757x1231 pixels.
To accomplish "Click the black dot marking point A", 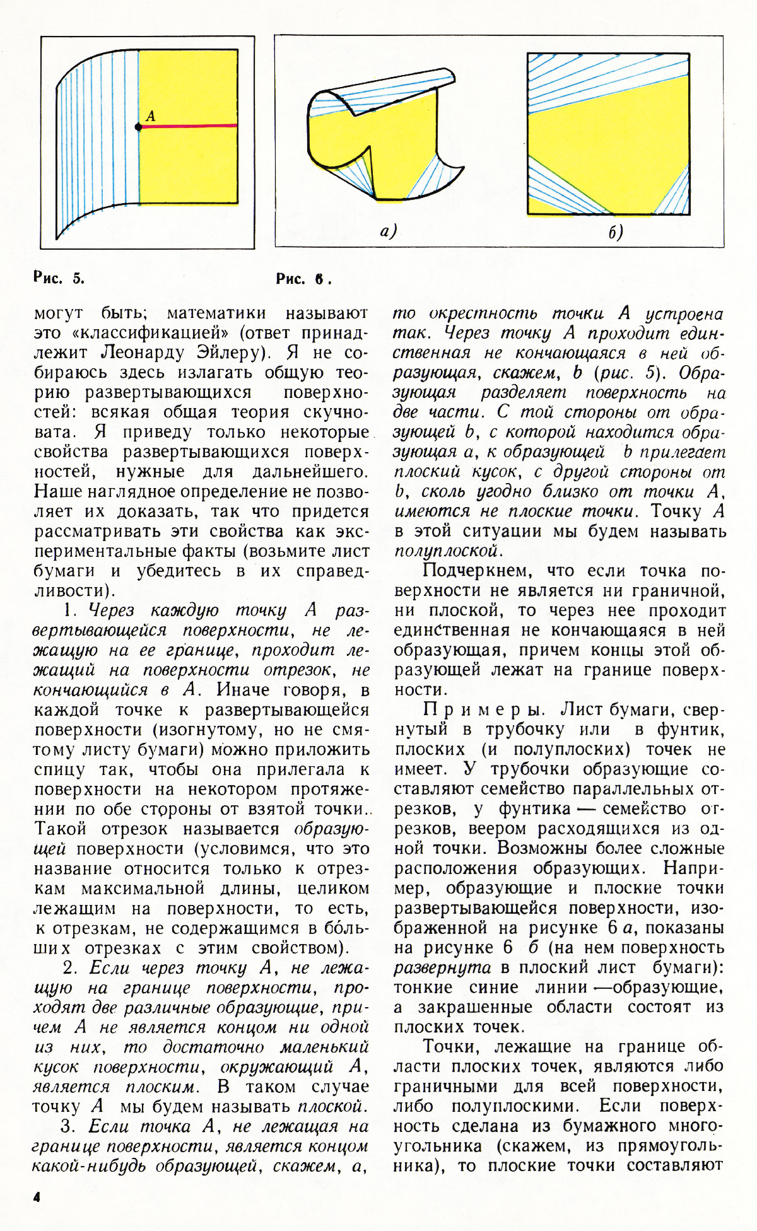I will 138,127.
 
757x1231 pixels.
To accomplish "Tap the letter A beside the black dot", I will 150,115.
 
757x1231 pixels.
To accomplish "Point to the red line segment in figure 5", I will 189,126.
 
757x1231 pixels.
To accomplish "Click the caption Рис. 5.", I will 59,278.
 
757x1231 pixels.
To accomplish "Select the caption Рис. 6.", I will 303,279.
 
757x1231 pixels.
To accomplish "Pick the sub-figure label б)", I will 616,233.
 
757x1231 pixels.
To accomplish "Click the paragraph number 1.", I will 69,610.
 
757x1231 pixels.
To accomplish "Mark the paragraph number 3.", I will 69,1127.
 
